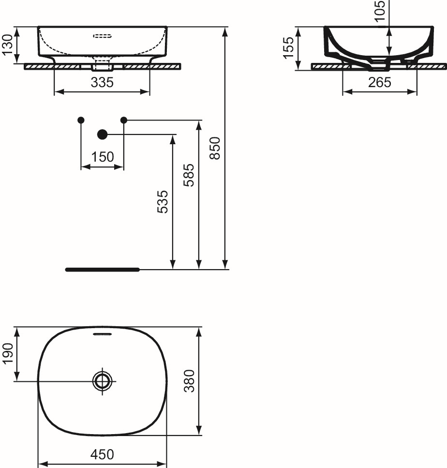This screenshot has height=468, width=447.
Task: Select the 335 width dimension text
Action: pyautogui.click(x=102, y=83)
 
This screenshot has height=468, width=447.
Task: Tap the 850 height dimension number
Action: pyautogui.click(x=216, y=148)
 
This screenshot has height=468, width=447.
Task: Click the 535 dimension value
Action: pyautogui.click(x=163, y=201)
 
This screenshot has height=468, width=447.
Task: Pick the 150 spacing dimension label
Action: pyautogui.click(x=102, y=157)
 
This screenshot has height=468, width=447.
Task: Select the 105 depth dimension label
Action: pyautogui.click(x=380, y=11)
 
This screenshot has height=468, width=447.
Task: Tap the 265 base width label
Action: pyautogui.click(x=379, y=83)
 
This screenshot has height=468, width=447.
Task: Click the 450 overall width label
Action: pyautogui.click(x=102, y=454)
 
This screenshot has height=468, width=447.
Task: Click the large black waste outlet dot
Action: pyautogui.click(x=102, y=134)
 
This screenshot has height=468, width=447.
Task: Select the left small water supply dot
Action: pyautogui.click(x=81, y=120)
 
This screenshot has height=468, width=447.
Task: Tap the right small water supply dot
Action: pyautogui.click(x=123, y=120)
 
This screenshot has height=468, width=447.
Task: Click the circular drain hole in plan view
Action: pyautogui.click(x=103, y=381)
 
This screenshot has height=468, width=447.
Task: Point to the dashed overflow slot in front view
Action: pyautogui.click(x=102, y=36)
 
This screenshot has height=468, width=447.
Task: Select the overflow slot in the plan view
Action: pyautogui.click(x=102, y=334)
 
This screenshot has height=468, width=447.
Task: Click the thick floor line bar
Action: pyautogui.click(x=102, y=269)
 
